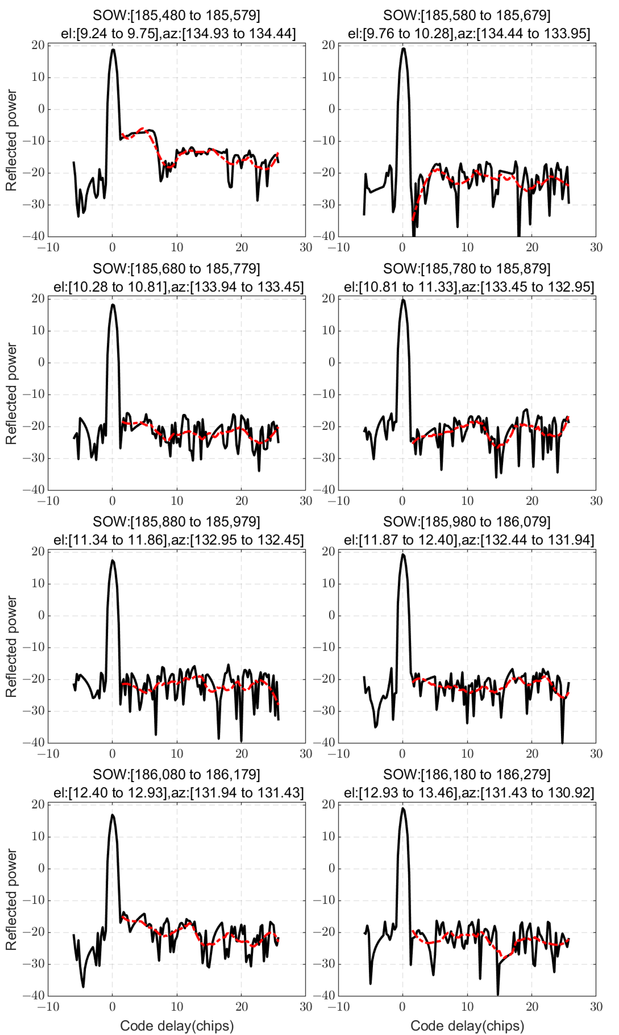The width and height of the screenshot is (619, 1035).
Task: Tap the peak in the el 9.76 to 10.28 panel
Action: point(403,49)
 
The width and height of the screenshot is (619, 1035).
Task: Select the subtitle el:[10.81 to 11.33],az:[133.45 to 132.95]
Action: point(469,287)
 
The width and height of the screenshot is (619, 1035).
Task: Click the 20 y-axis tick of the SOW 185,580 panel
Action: point(329,45)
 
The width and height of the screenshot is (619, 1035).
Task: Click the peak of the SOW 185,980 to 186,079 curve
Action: point(403,555)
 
